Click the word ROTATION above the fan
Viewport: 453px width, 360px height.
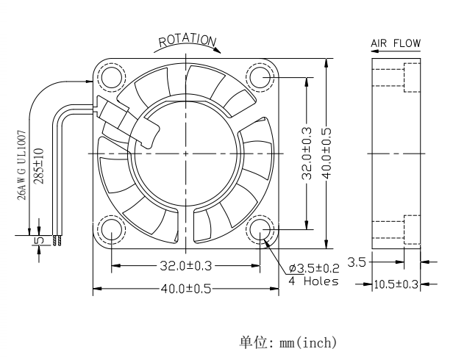[x=188, y=40]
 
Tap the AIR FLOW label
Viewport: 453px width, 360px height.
[x=396, y=43]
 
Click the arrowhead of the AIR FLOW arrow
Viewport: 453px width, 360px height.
[x=374, y=51]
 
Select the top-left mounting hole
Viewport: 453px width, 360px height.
[x=112, y=77]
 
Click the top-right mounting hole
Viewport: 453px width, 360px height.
[x=260, y=77]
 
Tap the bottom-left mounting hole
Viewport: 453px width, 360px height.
[x=112, y=229]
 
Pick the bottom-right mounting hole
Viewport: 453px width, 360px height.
[x=260, y=229]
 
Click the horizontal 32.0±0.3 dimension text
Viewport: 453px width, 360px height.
[x=186, y=266]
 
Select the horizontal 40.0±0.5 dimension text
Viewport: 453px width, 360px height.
[x=186, y=289]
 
